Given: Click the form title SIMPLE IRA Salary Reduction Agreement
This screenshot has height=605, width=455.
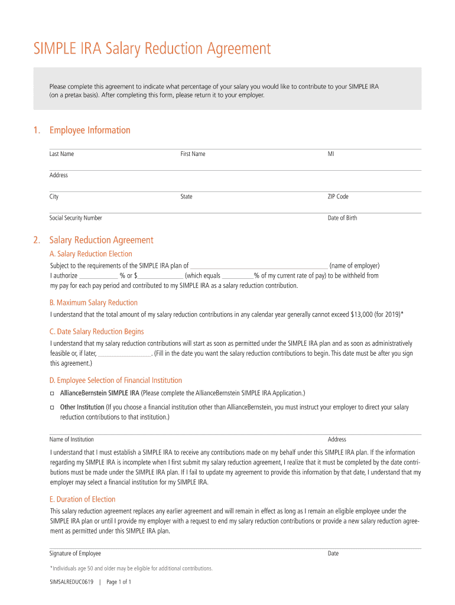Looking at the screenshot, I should (152, 48).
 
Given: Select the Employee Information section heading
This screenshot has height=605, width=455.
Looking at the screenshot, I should (90, 130).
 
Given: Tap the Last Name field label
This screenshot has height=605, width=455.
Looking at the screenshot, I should (61, 154).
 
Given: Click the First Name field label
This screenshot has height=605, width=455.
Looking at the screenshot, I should (193, 154).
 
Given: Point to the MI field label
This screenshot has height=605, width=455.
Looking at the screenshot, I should (331, 154).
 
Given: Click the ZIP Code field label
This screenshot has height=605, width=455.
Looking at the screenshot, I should (338, 197).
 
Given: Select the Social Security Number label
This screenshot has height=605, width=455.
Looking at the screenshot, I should (76, 218).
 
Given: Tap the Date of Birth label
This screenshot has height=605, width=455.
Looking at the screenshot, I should (342, 218).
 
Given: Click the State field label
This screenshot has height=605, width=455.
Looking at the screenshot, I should (186, 197).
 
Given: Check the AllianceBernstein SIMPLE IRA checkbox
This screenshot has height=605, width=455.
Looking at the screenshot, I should (52, 393).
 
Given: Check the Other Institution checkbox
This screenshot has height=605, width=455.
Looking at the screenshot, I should (52, 408).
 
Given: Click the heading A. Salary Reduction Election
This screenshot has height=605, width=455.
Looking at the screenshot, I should (90, 254).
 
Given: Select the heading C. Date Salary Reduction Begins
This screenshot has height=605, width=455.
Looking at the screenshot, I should (96, 331).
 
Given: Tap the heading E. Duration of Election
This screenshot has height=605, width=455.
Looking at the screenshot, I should (82, 499).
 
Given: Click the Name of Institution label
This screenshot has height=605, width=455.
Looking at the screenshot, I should (71, 440).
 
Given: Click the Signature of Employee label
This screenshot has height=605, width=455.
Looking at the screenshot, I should (75, 554).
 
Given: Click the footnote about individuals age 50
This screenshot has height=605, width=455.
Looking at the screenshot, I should (131, 568).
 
